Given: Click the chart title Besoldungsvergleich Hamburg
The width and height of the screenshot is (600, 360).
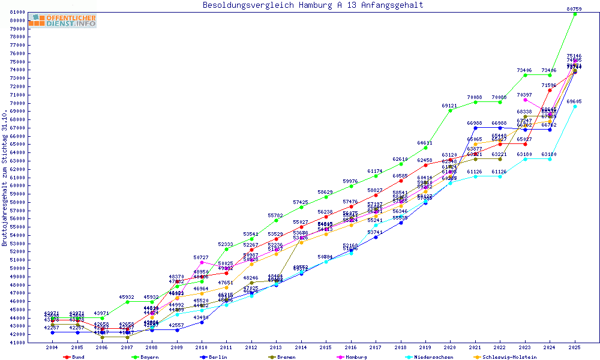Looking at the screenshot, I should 313,5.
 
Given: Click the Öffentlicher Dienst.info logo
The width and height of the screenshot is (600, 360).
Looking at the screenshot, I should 62,21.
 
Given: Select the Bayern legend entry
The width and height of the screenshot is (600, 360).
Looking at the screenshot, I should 145,357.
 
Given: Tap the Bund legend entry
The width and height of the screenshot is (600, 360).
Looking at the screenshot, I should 75,357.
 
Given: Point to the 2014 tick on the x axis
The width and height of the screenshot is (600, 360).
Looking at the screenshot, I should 301,347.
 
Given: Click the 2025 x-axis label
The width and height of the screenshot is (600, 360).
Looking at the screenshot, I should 575,347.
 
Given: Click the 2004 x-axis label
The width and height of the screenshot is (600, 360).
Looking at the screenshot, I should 52,347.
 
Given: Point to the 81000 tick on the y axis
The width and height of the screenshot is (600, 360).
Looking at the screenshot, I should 17,12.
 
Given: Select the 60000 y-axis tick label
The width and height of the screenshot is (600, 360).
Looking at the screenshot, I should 17,185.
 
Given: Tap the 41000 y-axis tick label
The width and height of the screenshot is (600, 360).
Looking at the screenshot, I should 17,343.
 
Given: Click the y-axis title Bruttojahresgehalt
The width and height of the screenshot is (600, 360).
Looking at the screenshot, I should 5,178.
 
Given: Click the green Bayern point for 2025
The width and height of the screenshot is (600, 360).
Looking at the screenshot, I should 575,14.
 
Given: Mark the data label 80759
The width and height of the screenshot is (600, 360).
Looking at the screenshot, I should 574,8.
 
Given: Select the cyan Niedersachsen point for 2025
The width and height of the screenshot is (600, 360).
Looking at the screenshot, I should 575,106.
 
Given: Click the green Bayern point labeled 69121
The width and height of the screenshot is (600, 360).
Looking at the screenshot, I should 450,110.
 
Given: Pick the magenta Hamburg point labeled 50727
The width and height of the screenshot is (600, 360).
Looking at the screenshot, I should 202,262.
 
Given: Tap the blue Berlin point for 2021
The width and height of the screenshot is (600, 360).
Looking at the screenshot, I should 475,128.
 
